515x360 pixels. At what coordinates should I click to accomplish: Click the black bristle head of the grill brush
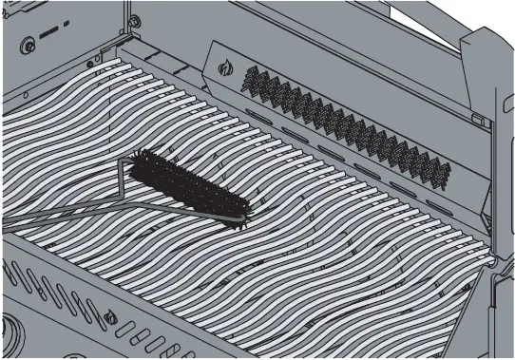tap(190, 184)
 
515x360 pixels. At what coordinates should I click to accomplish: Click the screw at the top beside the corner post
tap(134, 21)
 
